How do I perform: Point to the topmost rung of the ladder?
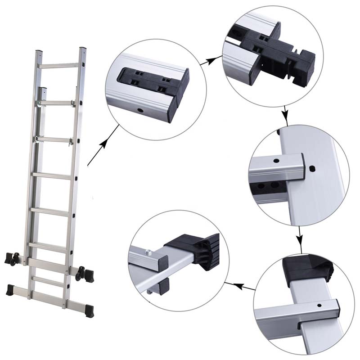(61, 66)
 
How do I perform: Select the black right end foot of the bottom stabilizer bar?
(89, 310)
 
